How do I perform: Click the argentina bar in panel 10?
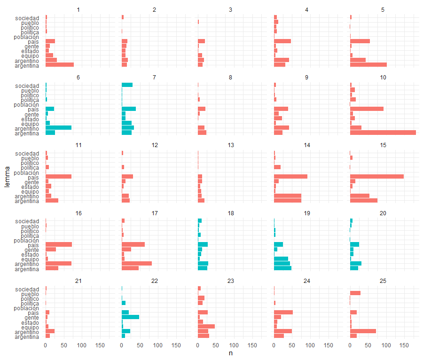click(383, 133)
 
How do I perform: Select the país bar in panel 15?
click(376, 176)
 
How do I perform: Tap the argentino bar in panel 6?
click(58, 127)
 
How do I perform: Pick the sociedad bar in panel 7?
click(127, 85)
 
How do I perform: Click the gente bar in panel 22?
click(130, 317)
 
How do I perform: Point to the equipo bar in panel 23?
click(206, 326)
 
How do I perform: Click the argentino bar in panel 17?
click(136, 263)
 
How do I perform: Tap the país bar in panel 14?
click(290, 176)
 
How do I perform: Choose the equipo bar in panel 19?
click(281, 258)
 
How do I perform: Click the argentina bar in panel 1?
click(59, 65)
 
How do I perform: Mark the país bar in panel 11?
click(58, 176)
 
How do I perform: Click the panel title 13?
click(230, 145)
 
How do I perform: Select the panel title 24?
click(306, 281)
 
